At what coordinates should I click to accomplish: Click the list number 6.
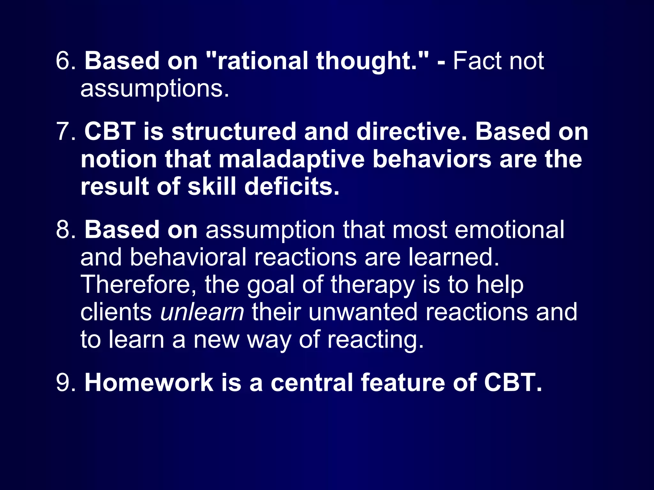pos(65,61)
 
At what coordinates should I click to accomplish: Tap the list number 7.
pos(65,131)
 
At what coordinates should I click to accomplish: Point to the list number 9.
pos(65,382)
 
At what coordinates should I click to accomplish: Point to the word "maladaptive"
pos(291,159)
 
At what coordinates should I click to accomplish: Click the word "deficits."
pos(292,187)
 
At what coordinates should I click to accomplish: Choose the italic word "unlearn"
pos(202,312)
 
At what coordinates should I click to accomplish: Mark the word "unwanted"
pos(363,312)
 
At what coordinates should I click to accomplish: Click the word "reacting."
pos(376,340)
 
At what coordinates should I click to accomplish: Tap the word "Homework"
pos(149,382)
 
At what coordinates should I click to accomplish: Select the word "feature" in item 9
pos(403,382)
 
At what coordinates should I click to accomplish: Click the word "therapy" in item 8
pos(372,285)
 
